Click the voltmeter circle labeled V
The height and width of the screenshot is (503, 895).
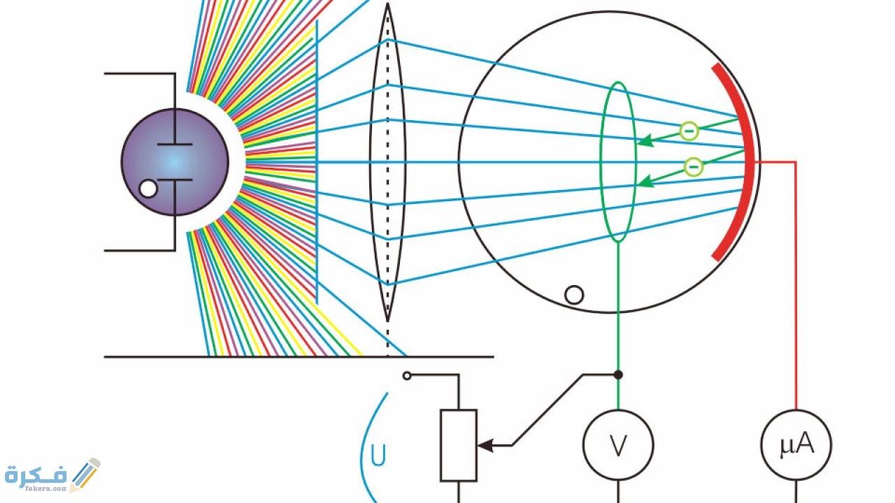[x=618, y=445]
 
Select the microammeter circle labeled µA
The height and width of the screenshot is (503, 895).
[x=796, y=445]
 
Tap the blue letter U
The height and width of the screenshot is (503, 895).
[x=378, y=455]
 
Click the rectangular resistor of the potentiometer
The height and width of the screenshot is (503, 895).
[x=459, y=445]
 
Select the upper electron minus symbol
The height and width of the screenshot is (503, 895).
[x=689, y=131]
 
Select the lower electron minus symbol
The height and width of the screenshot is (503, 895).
[x=693, y=166]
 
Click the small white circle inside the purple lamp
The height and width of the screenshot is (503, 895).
[x=148, y=188]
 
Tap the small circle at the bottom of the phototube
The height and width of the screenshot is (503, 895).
[x=574, y=295]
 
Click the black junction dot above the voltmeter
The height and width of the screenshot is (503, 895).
[x=618, y=374]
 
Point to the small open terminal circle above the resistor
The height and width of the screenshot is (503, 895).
[x=407, y=376]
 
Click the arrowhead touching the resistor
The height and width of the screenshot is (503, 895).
[x=483, y=445]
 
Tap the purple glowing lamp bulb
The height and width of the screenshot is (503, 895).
[x=175, y=162]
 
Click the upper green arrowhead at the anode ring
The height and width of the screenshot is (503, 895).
[x=645, y=141]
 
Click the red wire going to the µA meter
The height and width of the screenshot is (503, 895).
[x=796, y=279]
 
